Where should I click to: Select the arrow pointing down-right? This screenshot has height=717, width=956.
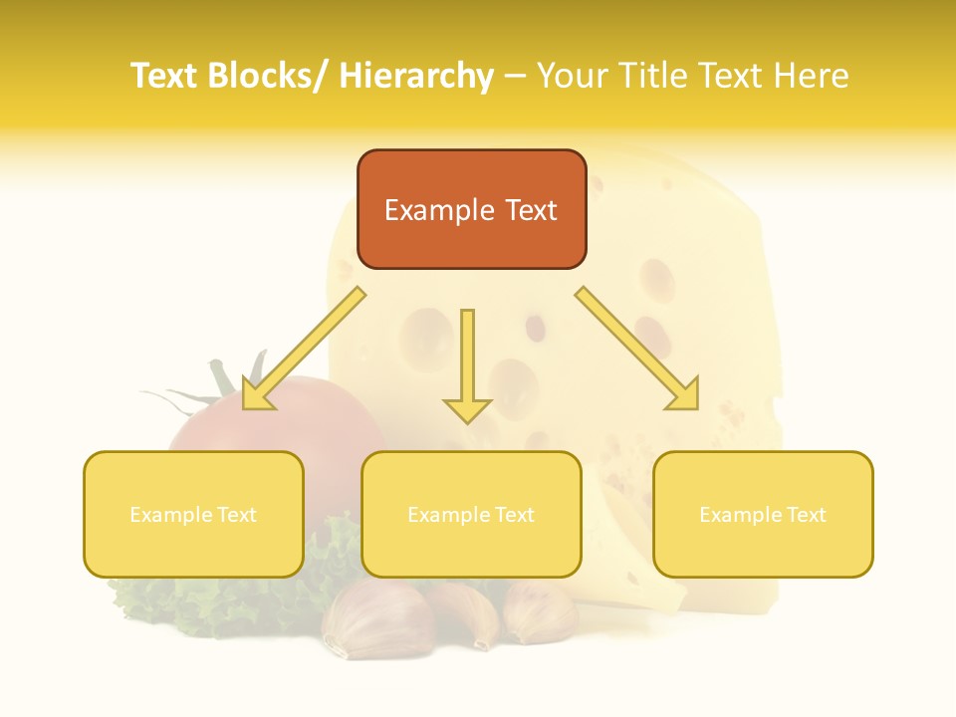coord(638,349)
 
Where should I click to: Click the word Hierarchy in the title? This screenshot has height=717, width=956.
coord(416,76)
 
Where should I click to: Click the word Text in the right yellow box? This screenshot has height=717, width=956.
coord(806,515)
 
